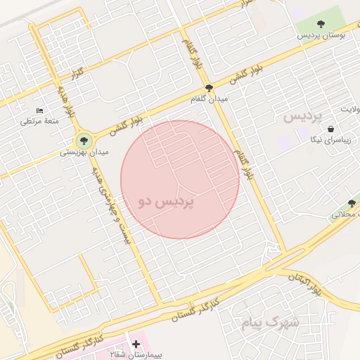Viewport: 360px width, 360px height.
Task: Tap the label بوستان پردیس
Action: [321, 34]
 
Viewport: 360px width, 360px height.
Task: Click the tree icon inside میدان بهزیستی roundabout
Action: [84, 141]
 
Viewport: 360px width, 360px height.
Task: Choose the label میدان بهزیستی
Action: [83, 152]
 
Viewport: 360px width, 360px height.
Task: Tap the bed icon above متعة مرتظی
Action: [39, 110]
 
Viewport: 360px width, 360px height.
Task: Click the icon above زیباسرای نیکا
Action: [330, 129]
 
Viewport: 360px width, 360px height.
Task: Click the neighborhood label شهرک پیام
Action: [270, 322]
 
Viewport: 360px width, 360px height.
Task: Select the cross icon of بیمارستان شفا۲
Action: [135, 343]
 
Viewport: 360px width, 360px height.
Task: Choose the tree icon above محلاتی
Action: [352, 203]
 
